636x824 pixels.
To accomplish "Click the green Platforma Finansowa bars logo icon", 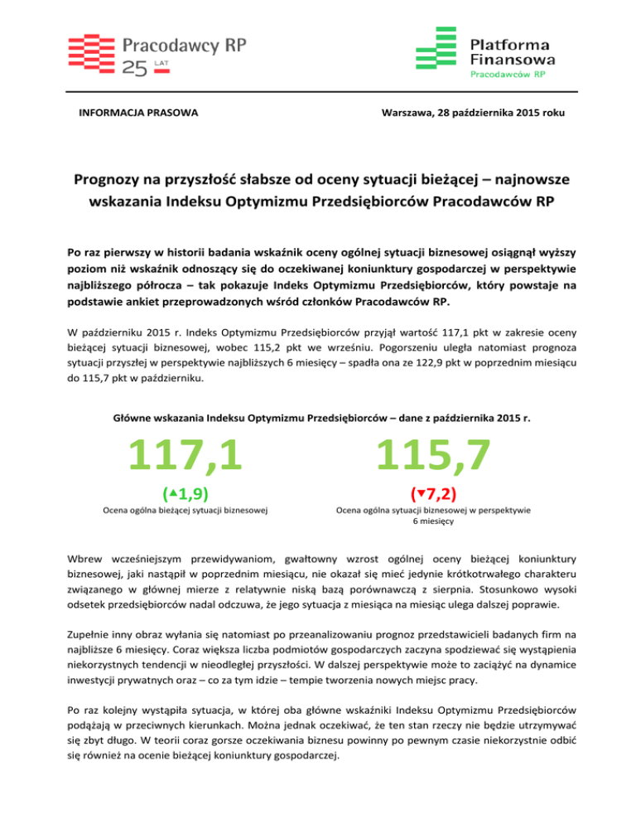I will pos(436,49).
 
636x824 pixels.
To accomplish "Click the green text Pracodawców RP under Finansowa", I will pos(507,74).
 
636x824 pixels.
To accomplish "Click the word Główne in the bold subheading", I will pos(132,419).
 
